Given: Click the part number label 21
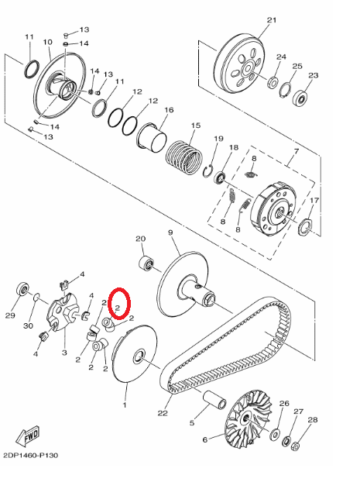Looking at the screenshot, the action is [x=272, y=20].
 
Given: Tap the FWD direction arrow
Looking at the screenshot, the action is [x=28, y=436].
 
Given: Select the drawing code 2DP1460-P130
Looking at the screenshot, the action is [x=31, y=455].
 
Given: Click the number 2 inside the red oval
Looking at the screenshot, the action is [x=117, y=308].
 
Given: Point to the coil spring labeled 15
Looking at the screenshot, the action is [x=184, y=157].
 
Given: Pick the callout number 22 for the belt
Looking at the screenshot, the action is [x=163, y=413].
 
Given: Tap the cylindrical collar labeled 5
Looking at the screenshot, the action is [x=214, y=400].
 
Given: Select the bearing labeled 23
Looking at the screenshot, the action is [x=300, y=98].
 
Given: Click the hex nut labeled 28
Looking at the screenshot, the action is [x=295, y=446].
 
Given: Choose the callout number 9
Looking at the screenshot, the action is [x=170, y=232].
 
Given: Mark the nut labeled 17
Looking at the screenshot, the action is [x=305, y=228].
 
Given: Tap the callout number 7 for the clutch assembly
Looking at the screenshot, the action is [x=296, y=152].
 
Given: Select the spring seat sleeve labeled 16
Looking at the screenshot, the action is [x=152, y=136].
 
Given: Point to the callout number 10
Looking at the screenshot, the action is [x=47, y=42].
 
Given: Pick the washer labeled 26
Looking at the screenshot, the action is [x=275, y=434].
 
